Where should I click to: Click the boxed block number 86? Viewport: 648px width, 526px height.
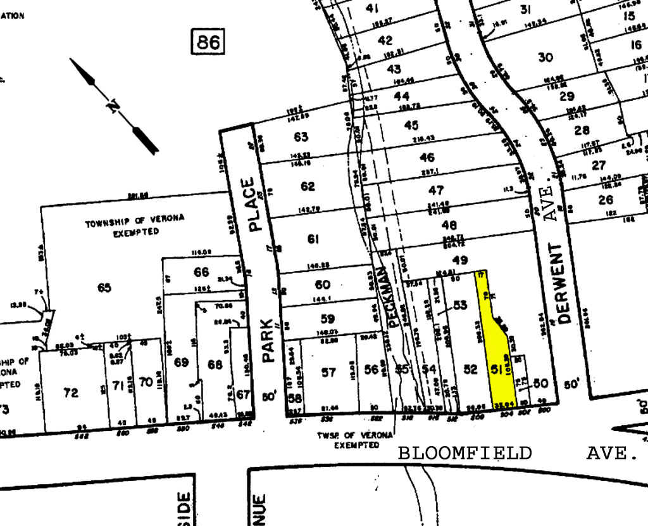(x=208, y=42)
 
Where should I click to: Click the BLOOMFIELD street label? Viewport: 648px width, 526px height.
(x=465, y=453)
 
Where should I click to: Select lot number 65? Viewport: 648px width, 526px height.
(x=104, y=288)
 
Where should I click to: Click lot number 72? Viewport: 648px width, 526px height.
(x=71, y=393)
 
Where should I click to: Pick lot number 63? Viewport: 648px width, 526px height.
(x=301, y=137)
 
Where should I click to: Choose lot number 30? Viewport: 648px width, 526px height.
(x=545, y=57)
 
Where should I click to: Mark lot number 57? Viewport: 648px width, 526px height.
(x=328, y=372)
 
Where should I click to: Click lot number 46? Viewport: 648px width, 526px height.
(x=427, y=158)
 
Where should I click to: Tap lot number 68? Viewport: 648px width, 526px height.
(x=215, y=365)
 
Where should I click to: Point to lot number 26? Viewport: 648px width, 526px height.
(x=606, y=200)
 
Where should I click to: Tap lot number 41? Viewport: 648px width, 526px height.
(x=372, y=8)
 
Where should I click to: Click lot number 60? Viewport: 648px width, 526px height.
(x=323, y=285)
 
